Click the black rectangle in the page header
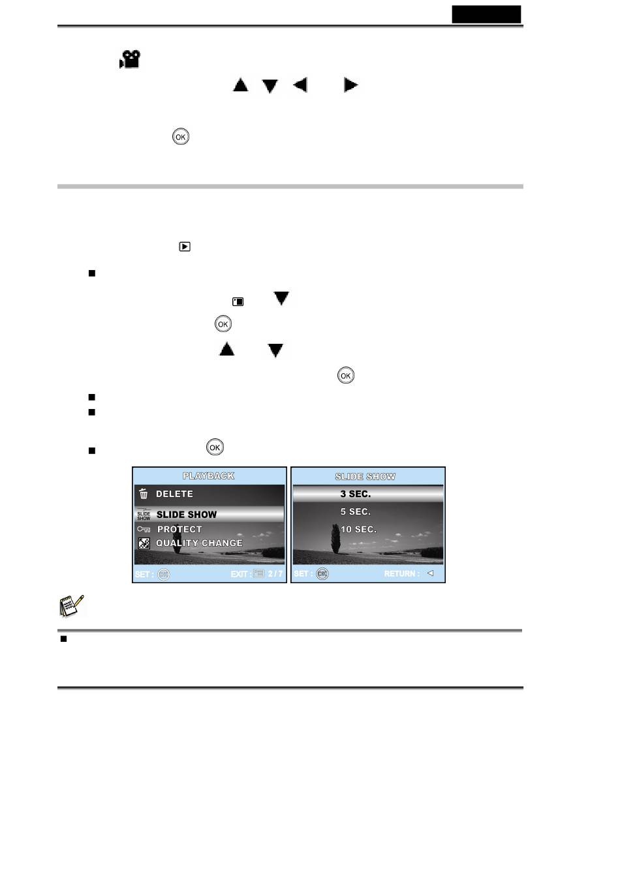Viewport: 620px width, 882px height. pyautogui.click(x=486, y=14)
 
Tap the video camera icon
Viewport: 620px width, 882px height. pyautogui.click(x=130, y=59)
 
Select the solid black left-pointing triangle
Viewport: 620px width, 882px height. pyautogui.click(x=300, y=85)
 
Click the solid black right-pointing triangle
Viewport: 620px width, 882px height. pyautogui.click(x=350, y=85)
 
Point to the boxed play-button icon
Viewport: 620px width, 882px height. pyautogui.click(x=185, y=247)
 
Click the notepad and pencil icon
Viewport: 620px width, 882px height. pyautogui.click(x=71, y=606)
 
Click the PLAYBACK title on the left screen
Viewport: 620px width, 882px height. pyautogui.click(x=208, y=476)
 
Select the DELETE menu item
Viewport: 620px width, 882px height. pyautogui.click(x=174, y=494)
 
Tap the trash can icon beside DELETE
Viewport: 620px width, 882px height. pyautogui.click(x=144, y=493)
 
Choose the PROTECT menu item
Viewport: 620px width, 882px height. pyautogui.click(x=179, y=529)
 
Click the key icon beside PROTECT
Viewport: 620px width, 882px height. pyautogui.click(x=144, y=529)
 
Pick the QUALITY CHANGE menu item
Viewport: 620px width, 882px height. pyautogui.click(x=199, y=543)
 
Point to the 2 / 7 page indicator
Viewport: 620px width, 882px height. pyautogui.click(x=275, y=573)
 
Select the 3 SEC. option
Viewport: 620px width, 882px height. pyautogui.click(x=355, y=494)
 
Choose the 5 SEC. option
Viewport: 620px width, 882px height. pyautogui.click(x=355, y=511)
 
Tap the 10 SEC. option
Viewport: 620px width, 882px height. pyautogui.click(x=358, y=529)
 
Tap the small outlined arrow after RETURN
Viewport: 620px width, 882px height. pyautogui.click(x=430, y=573)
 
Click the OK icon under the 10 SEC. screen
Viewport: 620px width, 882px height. pyautogui.click(x=322, y=573)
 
